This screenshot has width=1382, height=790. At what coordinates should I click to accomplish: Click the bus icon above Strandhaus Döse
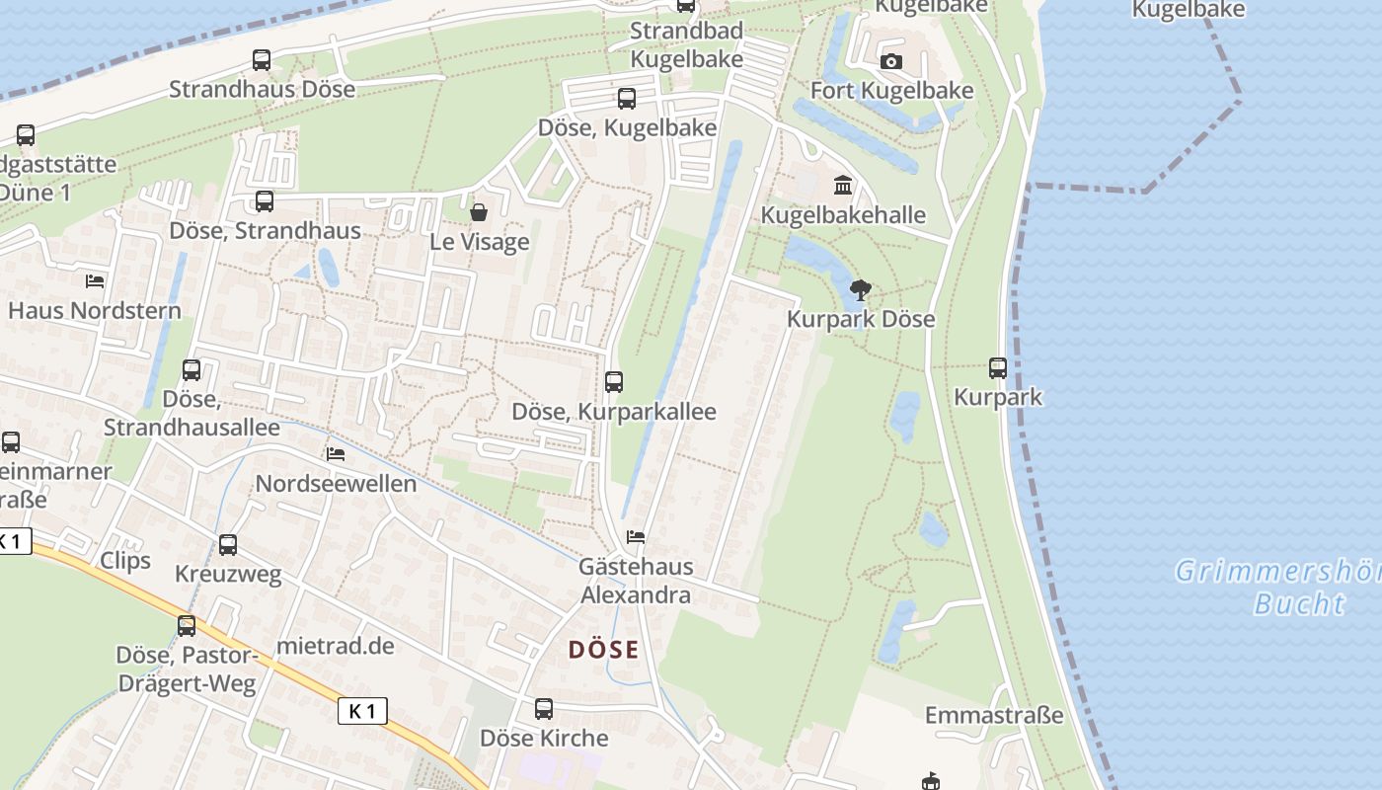262,60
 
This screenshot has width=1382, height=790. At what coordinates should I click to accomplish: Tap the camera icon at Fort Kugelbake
891,62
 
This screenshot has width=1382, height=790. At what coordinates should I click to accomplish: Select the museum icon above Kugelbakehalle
843,186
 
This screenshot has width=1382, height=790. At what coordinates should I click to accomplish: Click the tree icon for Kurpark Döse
861,290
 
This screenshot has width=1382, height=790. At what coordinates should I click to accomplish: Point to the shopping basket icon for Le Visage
479,212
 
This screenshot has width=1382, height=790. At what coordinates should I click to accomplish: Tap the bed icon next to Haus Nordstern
95,281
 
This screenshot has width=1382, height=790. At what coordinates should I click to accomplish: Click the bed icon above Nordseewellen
336,454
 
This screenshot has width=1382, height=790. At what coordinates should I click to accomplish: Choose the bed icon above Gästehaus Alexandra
636,537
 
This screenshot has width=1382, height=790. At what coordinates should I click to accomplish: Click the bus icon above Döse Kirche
544,708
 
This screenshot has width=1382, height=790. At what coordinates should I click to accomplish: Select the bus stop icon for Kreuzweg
228,544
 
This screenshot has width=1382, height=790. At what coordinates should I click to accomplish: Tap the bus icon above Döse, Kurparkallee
614,381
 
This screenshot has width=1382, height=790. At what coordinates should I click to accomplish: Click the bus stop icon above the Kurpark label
998,368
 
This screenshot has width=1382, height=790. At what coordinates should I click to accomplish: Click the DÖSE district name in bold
603,650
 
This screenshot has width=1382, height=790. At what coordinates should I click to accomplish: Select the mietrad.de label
336,646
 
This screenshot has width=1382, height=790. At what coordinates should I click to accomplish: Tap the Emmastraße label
994,715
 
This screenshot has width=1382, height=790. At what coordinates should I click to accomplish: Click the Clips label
125,561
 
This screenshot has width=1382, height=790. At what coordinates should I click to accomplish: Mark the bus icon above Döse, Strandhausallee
192,370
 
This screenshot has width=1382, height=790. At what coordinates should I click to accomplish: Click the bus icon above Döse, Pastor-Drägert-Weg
187,625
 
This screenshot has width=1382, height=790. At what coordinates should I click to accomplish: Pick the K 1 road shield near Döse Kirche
362,710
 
